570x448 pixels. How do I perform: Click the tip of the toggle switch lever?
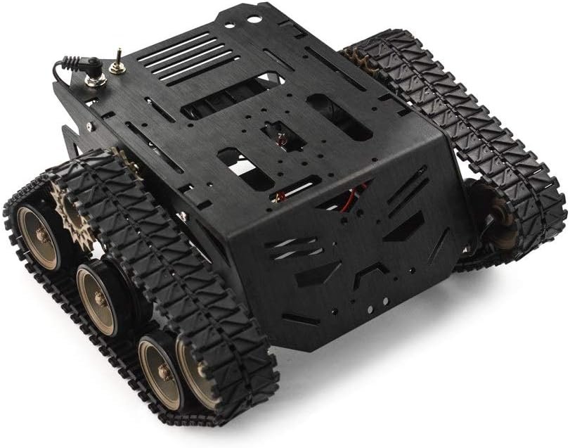pyautogui.click(x=119, y=51)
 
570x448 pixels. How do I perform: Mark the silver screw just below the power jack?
pyautogui.click(x=90, y=127)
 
